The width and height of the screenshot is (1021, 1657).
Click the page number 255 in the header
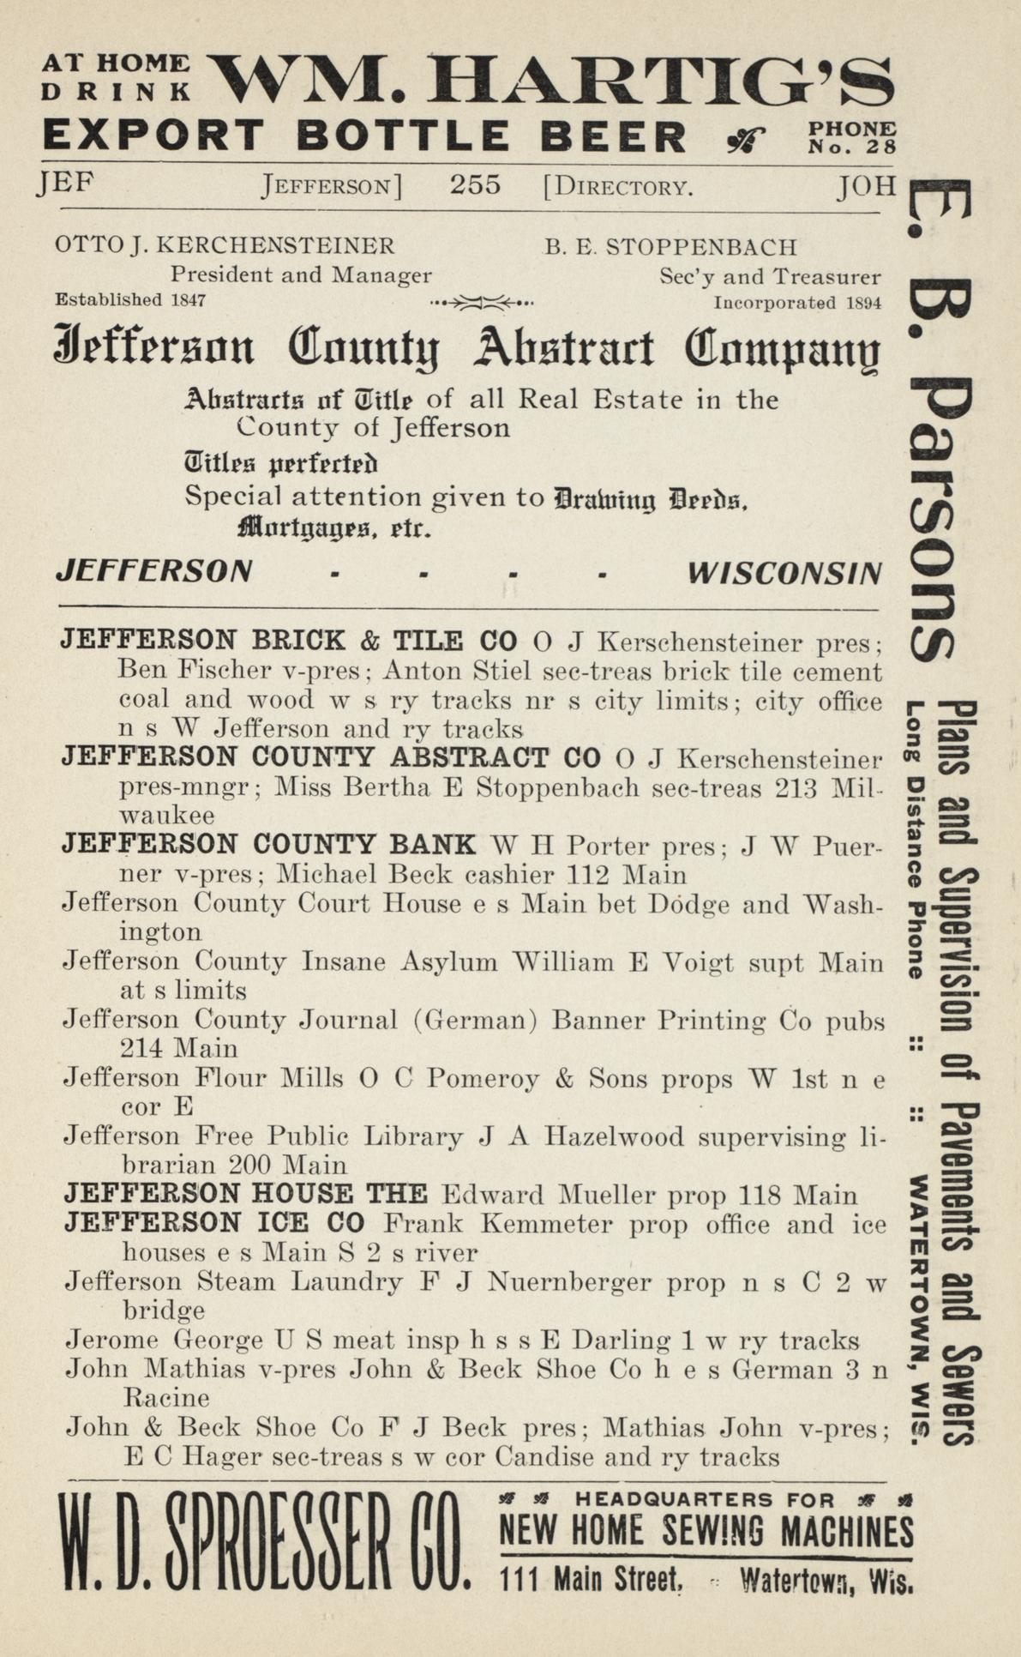click(475, 185)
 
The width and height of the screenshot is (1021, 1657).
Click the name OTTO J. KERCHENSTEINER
click(225, 246)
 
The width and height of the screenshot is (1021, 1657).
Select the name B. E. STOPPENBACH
click(670, 247)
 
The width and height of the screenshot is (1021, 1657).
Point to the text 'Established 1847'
click(130, 299)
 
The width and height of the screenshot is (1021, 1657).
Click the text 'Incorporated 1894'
click(797, 302)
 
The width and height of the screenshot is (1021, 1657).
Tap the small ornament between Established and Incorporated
click(483, 302)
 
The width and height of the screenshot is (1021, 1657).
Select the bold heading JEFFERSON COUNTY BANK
click(268, 844)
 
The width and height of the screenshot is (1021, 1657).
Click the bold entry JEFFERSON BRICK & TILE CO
click(289, 640)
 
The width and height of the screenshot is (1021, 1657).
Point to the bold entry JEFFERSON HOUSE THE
click(245, 1193)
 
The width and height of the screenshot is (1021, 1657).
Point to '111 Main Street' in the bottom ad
click(591, 1577)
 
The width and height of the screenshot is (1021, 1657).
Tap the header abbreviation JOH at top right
click(867, 185)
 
